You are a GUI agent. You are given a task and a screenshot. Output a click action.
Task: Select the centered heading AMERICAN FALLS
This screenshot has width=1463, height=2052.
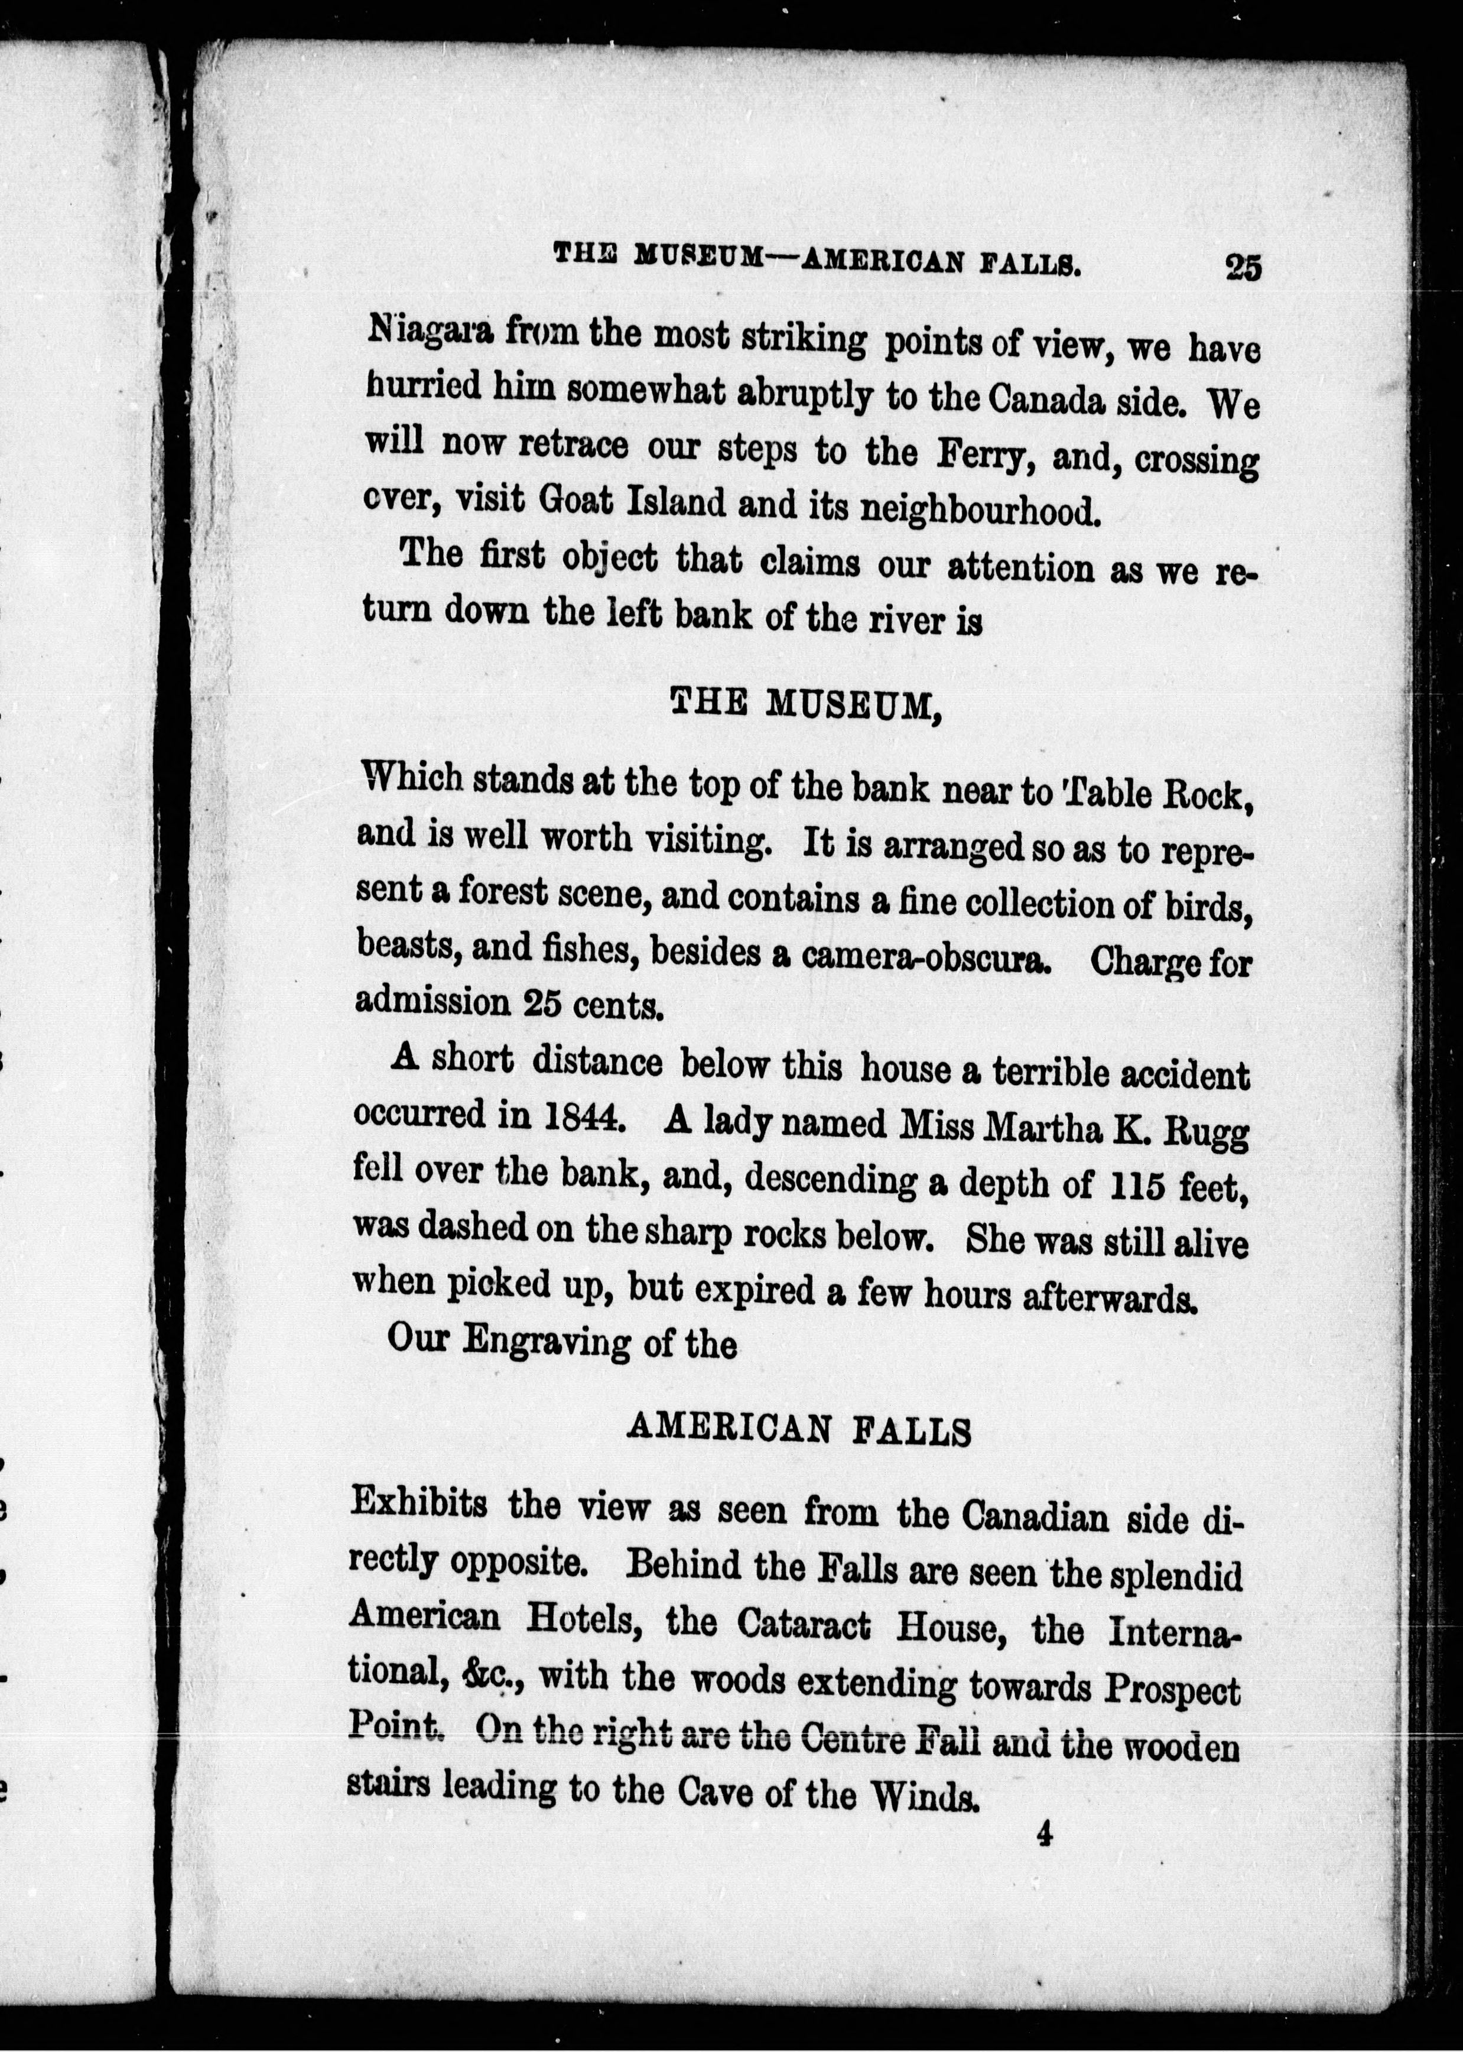coord(798,1428)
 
